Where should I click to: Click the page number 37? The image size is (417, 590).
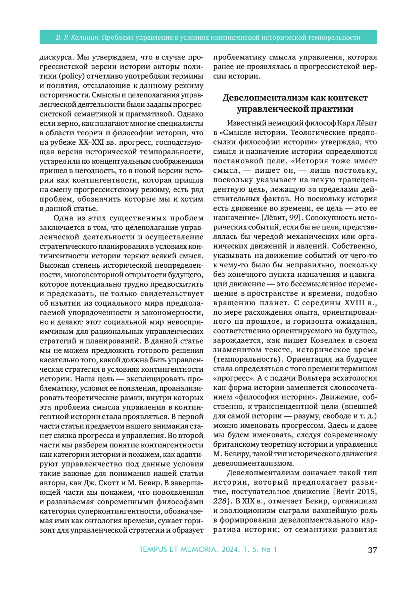tap(372, 550)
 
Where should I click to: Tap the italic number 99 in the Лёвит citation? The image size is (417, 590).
tap(294, 218)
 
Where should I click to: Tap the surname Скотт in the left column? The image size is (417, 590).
tap(111, 483)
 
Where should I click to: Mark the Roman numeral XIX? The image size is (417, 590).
tap(248, 501)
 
